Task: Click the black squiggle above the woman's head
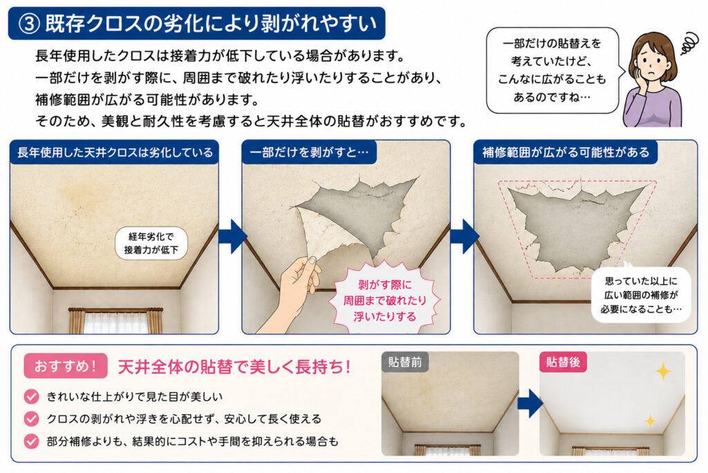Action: pyautogui.click(x=688, y=44)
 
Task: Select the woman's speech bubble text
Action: pyautogui.click(x=551, y=70)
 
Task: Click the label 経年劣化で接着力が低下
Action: pyautogui.click(x=151, y=243)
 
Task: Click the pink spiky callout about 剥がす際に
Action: pyautogui.click(x=384, y=300)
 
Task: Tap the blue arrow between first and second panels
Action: pyautogui.click(x=232, y=237)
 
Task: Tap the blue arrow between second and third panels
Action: pyautogui.click(x=465, y=237)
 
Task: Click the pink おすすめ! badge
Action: pyautogui.click(x=66, y=366)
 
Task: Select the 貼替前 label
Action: pyautogui.click(x=405, y=362)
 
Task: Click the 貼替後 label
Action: pyautogui.click(x=563, y=362)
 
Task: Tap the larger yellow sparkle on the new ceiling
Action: pyautogui.click(x=663, y=371)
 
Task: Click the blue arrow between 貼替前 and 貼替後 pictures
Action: pyautogui.click(x=530, y=403)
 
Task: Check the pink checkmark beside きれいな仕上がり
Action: pyautogui.click(x=32, y=397)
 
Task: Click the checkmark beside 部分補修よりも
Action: pyautogui.click(x=32, y=441)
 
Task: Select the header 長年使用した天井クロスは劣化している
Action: pyautogui.click(x=115, y=152)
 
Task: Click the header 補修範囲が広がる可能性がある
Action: pyautogui.click(x=566, y=152)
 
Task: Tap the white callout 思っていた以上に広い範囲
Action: pyautogui.click(x=641, y=295)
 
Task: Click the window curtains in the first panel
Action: pyautogui.click(x=115, y=321)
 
